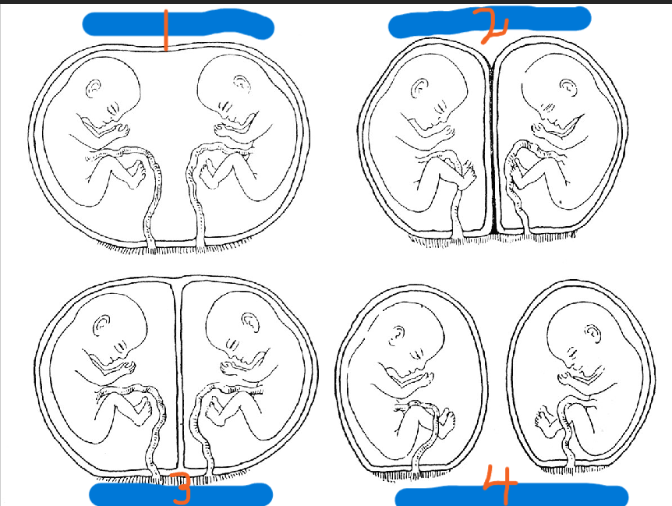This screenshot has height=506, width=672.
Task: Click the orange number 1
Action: coord(165,30)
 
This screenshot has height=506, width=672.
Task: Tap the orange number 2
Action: coord(493,25)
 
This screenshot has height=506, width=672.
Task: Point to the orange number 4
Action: coord(500,484)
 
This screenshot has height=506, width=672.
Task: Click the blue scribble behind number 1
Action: coord(178,24)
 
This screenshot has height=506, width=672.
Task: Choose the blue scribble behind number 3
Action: coord(180,494)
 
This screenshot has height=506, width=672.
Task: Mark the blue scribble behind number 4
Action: coord(511,496)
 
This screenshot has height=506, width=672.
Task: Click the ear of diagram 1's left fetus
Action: coord(94,88)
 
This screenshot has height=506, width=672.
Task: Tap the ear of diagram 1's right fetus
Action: coord(241,83)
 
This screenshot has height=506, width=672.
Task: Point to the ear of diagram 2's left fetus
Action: coord(420,88)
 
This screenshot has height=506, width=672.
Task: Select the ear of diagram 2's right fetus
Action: coord(568,86)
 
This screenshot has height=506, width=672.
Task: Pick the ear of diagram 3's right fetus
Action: coord(251,321)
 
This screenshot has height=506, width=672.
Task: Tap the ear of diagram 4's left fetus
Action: coord(396,335)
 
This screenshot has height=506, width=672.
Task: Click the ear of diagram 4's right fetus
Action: coord(592,331)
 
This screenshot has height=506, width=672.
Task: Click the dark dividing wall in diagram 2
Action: coord(493,146)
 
